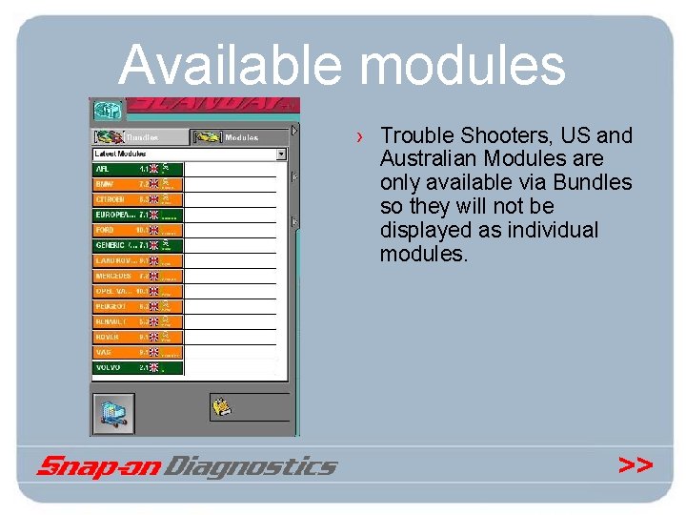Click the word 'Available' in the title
(233, 66)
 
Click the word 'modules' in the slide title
(463, 66)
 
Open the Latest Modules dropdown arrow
(281, 154)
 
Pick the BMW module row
(137, 184)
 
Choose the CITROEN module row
(137, 199)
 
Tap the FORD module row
(137, 230)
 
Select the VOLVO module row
(137, 367)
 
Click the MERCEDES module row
(137, 276)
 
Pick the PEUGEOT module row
(137, 306)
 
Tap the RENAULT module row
(137, 321)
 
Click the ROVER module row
(137, 337)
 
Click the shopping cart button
(112, 413)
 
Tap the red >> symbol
(636, 464)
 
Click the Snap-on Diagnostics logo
(187, 465)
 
